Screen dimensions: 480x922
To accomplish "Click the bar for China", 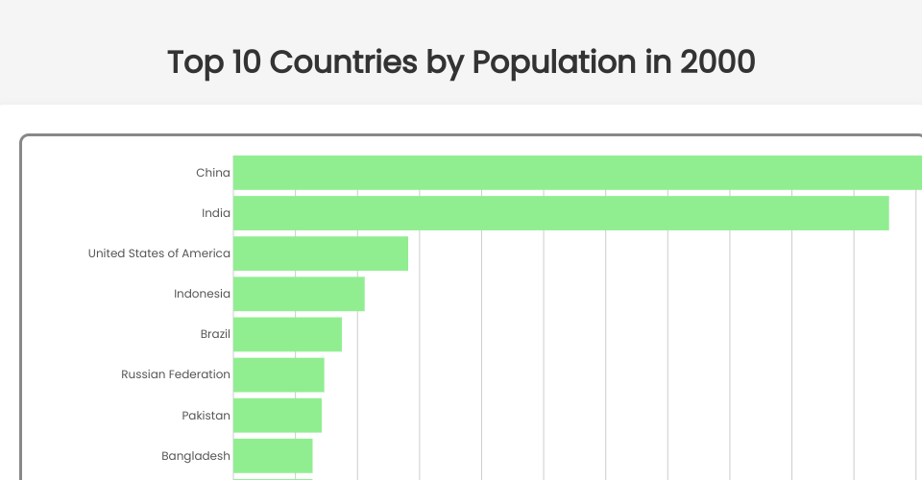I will (x=576, y=173).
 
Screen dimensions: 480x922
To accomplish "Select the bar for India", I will (x=561, y=213).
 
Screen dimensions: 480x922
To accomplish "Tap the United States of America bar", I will (x=321, y=253).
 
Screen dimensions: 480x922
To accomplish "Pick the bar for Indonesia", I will (x=299, y=294).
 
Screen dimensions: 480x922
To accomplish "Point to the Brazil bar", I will (x=287, y=334).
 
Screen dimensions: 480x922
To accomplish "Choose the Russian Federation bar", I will (x=279, y=374).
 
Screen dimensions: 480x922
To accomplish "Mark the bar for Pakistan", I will (x=278, y=415).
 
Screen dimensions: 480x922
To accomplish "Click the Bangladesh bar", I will (x=273, y=455).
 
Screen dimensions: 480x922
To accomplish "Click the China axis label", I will (x=213, y=173).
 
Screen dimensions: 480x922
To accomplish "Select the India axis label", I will (x=216, y=213).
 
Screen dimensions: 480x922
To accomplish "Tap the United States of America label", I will (x=159, y=253).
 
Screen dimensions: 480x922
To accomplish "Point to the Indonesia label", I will (x=202, y=294).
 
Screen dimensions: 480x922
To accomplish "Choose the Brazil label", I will (x=215, y=334).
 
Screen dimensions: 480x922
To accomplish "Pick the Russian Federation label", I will (x=176, y=374).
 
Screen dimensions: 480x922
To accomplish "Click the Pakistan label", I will (x=206, y=415).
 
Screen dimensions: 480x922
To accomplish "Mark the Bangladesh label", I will (x=196, y=456).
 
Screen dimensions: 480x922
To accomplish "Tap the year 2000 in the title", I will (x=716, y=62).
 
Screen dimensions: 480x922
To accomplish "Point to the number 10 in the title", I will (x=245, y=62).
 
